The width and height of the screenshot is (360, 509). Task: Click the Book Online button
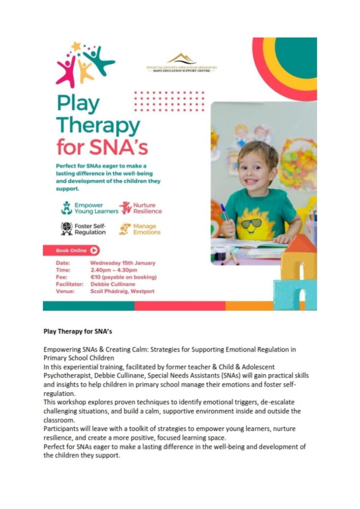(71, 250)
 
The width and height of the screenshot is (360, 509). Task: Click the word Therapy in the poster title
(98, 125)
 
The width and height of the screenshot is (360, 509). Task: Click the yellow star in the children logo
(76, 46)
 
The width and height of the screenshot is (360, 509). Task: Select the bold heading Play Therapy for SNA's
(77, 331)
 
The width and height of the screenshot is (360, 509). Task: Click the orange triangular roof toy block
(300, 244)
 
